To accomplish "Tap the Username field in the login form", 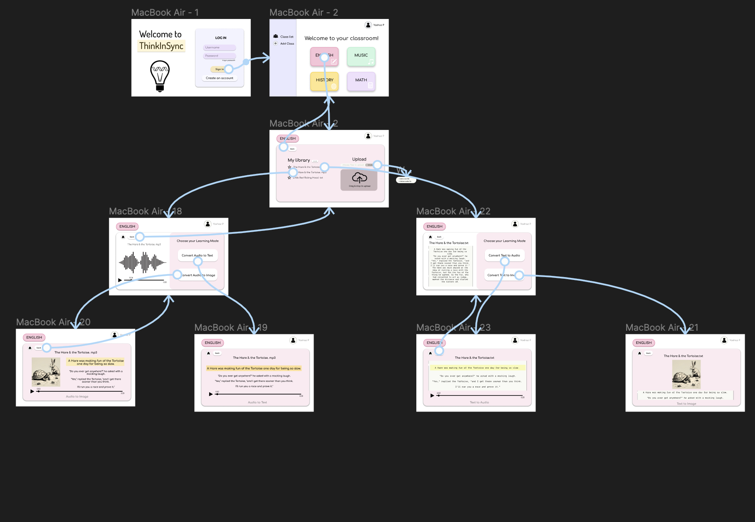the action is [x=219, y=47].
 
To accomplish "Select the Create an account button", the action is [x=219, y=78].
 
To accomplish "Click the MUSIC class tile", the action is [x=361, y=56].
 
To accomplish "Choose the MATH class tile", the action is [x=361, y=81].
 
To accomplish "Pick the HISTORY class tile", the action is [x=324, y=81].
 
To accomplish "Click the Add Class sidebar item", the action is [x=287, y=43].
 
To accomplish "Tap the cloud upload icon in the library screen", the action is [x=359, y=178].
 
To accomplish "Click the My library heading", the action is [x=299, y=160].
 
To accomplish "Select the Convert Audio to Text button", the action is [x=197, y=255].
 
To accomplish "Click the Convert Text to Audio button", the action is [x=504, y=255].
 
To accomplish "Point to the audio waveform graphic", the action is [x=143, y=262].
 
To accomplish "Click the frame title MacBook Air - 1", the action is [x=165, y=13].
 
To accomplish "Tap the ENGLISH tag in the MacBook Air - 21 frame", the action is [x=644, y=343].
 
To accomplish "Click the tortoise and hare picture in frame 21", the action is [x=686, y=374].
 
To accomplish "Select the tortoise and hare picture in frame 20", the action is [x=46, y=372].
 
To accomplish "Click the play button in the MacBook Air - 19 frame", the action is [x=210, y=394].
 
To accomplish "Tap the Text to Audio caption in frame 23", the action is [x=479, y=402].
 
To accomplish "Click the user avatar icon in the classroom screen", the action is [x=368, y=25].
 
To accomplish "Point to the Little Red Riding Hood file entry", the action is [x=308, y=178].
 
